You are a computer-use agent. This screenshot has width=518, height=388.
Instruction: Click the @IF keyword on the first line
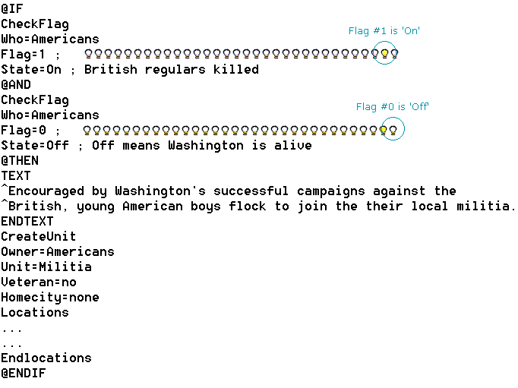coord(12,9)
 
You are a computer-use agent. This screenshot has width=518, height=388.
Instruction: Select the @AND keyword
coord(16,85)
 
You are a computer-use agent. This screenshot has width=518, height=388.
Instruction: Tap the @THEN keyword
coord(20,161)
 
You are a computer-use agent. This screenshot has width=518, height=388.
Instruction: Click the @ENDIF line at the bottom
coord(24,374)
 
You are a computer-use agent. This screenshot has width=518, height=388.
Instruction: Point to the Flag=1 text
coord(23,54)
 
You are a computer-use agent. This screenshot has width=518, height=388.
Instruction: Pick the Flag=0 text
coord(24,130)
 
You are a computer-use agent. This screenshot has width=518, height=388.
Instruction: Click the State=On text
coord(31,69)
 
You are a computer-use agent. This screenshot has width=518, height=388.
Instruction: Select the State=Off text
coord(35,145)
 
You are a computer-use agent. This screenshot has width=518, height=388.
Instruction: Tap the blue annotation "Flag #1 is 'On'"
coord(384,30)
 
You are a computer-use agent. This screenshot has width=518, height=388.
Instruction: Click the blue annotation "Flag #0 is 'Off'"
coord(393,106)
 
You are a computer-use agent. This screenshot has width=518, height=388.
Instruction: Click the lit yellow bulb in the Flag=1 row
coord(384,53)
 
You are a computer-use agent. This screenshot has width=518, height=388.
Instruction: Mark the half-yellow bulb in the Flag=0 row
coord(384,131)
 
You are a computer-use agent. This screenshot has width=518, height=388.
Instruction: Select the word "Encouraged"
coord(46,191)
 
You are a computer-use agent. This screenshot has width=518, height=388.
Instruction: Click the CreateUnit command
coord(39,236)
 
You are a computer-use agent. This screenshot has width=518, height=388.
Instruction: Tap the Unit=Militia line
coord(46,267)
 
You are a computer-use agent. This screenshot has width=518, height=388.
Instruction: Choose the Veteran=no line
coord(39,282)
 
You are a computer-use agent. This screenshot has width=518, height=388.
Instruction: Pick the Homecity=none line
coord(50,297)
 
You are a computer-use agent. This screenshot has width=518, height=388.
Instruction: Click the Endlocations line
coord(46,358)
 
